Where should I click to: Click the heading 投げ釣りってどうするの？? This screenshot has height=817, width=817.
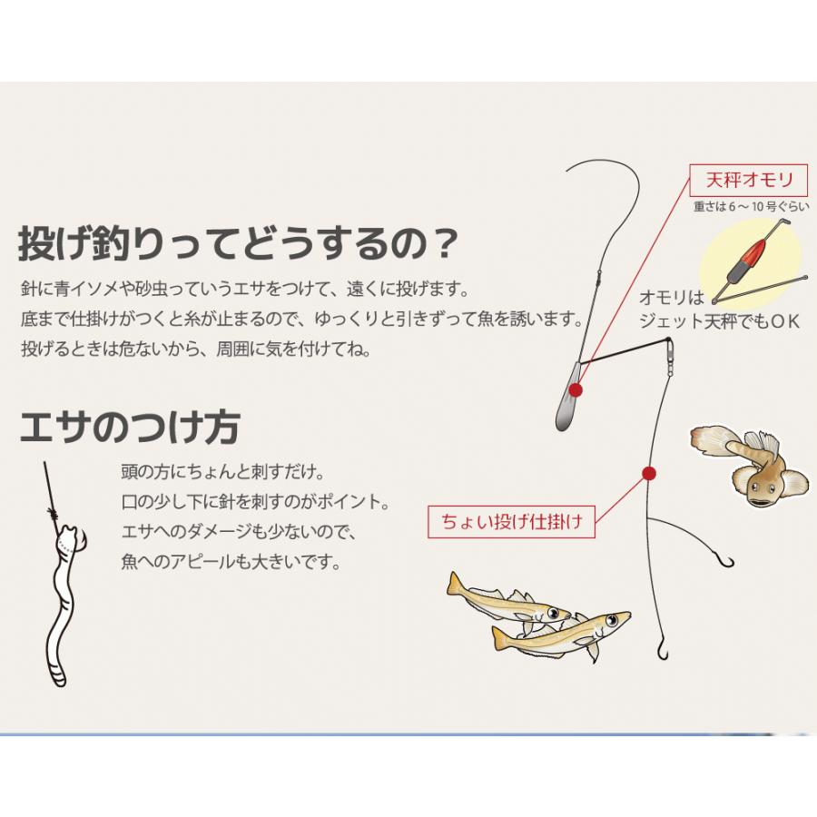tap(238, 242)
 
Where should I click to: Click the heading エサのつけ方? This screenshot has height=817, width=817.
tap(130, 428)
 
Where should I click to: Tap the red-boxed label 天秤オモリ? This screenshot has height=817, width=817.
tap(749, 181)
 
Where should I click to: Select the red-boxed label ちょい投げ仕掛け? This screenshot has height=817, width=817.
tap(511, 521)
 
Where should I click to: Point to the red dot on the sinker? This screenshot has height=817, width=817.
tap(576, 389)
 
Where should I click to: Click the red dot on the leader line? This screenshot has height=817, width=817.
tap(649, 473)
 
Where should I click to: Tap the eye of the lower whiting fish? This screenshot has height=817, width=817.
tap(611, 620)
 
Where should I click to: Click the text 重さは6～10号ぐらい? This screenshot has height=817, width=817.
tap(751, 206)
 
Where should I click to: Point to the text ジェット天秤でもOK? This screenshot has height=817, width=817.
tap(719, 321)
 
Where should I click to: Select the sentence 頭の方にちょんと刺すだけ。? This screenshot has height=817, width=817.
tap(223, 472)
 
